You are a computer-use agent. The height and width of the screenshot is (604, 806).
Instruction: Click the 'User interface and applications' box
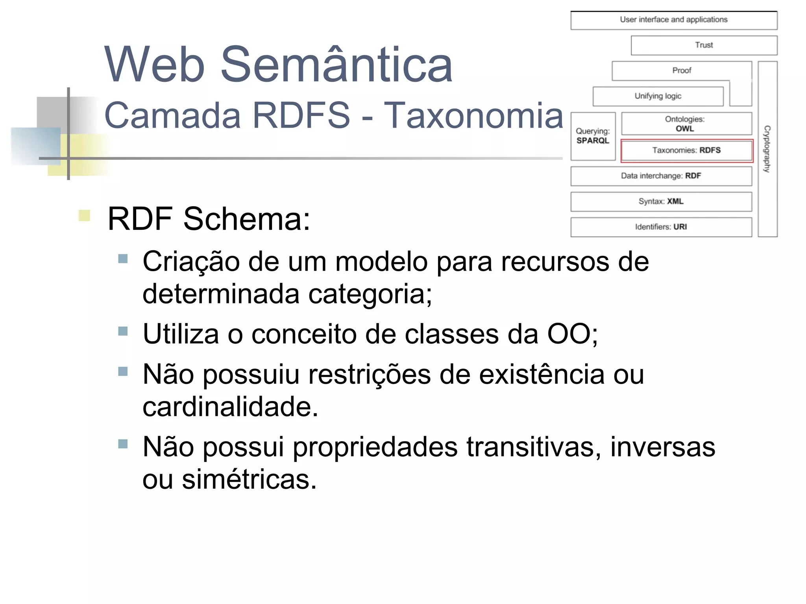click(673, 20)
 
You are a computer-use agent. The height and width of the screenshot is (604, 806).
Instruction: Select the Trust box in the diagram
click(704, 45)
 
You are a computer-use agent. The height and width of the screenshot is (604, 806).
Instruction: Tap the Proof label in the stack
click(681, 71)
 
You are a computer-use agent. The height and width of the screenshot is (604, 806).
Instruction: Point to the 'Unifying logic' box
click(658, 96)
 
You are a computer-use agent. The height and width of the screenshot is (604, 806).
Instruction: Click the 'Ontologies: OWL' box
click(686, 124)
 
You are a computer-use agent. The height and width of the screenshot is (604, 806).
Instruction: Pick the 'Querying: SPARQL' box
click(593, 136)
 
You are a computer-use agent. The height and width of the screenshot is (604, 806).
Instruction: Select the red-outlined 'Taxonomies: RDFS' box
click(686, 150)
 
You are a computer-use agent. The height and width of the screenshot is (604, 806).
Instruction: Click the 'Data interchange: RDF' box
click(661, 176)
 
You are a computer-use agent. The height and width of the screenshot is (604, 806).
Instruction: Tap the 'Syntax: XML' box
click(661, 201)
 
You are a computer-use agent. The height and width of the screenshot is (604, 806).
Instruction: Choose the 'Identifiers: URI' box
click(661, 227)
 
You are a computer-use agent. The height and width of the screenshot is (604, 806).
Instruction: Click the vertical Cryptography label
click(767, 149)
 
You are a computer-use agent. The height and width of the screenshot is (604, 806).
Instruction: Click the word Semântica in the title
click(336, 65)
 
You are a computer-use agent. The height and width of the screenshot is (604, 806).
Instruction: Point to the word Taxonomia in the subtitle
click(473, 115)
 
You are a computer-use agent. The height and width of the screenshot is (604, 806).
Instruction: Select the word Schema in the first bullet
click(247, 219)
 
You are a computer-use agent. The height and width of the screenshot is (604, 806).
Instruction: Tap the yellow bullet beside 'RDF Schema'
click(84, 216)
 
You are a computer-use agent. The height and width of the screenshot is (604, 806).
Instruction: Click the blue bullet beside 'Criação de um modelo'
click(123, 259)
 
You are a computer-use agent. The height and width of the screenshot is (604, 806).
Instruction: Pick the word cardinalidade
click(230, 407)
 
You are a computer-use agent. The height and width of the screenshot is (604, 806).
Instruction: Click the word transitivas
click(534, 447)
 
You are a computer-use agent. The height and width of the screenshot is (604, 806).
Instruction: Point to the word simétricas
click(249, 480)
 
